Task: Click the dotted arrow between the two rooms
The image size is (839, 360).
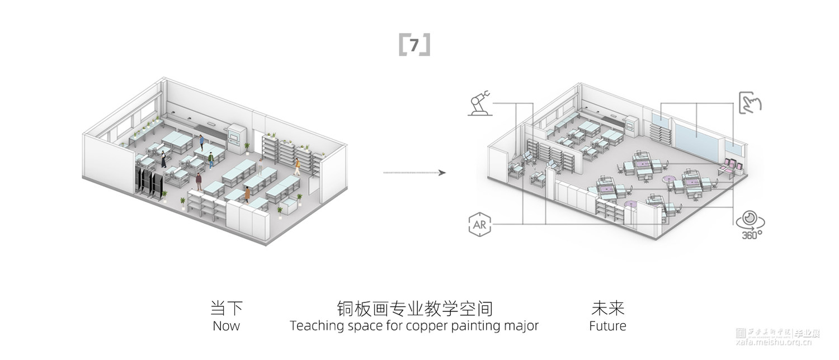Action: pos(414,173)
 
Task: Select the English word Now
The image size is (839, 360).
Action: pos(226,326)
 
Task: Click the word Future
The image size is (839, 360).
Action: pos(607,326)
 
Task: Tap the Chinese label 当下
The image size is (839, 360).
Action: pos(226,309)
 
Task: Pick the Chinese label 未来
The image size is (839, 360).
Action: pos(607,309)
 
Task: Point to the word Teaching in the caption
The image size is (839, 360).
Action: pos(314,326)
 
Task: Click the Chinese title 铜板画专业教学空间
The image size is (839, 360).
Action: pos(414,309)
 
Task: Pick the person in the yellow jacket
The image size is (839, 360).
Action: pos(297,165)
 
